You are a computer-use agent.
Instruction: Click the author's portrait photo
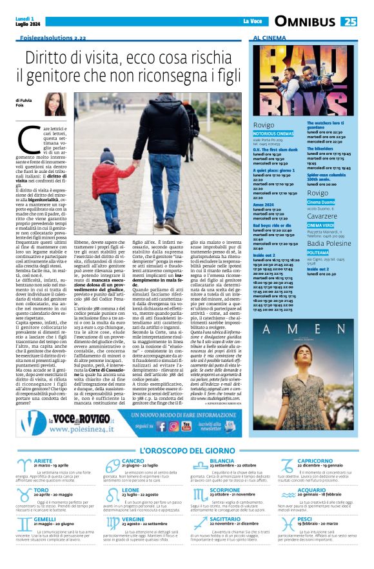pos(54,105)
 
